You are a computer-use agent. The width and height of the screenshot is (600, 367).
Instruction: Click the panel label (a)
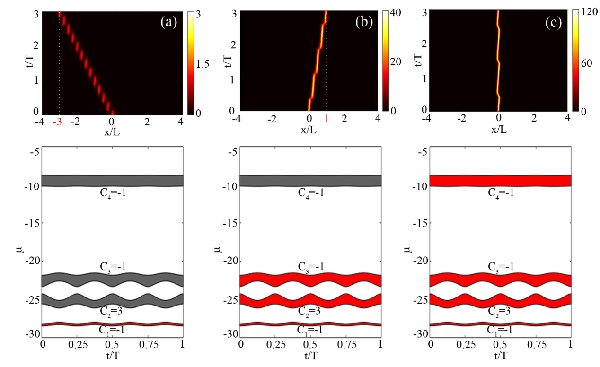point(167,22)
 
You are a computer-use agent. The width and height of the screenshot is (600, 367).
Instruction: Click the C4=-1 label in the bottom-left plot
point(112,192)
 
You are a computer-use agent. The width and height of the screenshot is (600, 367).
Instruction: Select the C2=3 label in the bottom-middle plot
point(311,312)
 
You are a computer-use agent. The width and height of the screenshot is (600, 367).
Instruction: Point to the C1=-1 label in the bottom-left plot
point(112,330)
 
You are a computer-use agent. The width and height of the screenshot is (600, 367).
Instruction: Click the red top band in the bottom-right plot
point(501,181)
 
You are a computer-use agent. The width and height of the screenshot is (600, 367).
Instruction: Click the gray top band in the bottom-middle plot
point(311,181)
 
